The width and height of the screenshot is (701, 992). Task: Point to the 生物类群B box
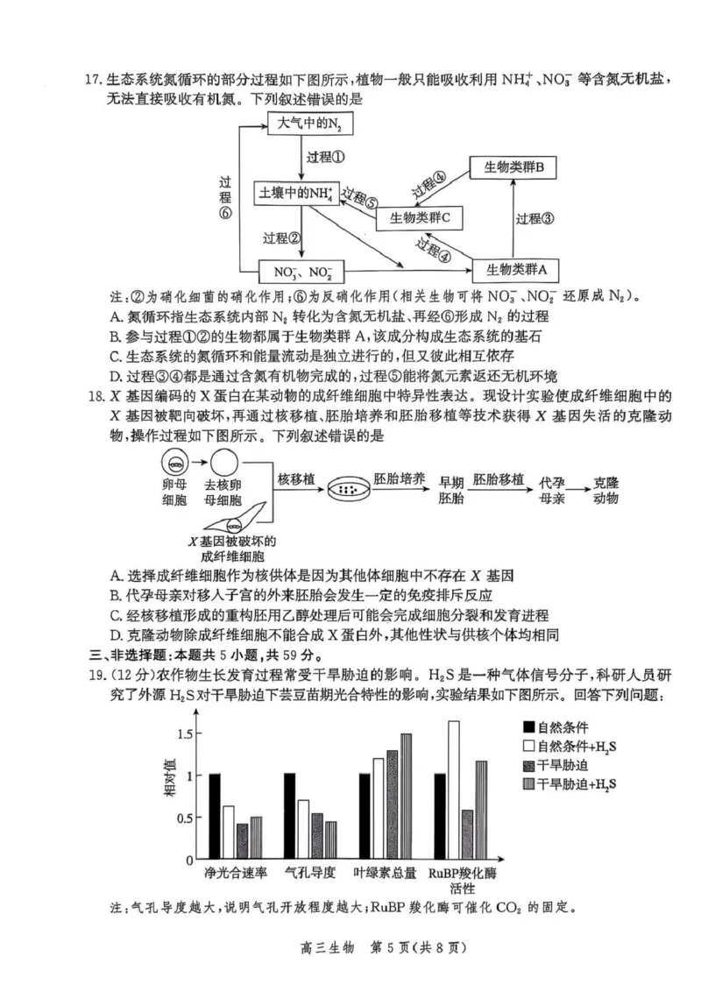tap(515, 168)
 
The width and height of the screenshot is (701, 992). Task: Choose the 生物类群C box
tap(420, 217)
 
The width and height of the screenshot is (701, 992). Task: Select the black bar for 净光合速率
tap(215, 816)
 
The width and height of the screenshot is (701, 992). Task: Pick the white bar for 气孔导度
tap(303, 829)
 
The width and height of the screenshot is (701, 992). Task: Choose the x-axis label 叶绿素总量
tap(384, 874)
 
